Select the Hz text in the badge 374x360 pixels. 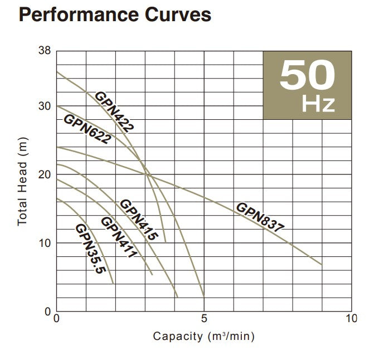click(318, 104)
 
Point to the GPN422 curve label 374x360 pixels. click(114, 111)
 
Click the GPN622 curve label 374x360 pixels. click(87, 129)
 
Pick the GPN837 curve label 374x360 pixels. click(260, 217)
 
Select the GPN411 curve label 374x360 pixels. click(118, 237)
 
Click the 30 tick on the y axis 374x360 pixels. click(45, 106)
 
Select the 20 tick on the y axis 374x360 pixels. click(45, 174)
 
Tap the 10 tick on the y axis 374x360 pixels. click(45, 243)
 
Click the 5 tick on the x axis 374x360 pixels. click(204, 319)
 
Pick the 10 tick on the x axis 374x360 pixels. click(351, 319)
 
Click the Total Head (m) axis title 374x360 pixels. click(22, 181)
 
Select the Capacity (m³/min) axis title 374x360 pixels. click(204, 337)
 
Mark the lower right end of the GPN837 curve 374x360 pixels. click(322, 264)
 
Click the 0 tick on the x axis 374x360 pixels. click(56, 319)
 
